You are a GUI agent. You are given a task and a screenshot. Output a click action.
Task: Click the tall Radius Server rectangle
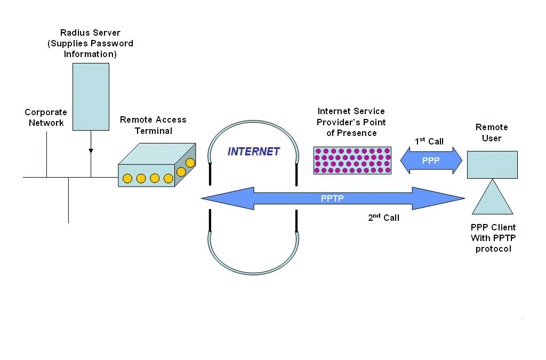(x=91, y=97)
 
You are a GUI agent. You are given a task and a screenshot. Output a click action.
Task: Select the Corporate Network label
(x=46, y=117)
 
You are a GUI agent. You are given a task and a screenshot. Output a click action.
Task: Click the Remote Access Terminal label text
(x=153, y=125)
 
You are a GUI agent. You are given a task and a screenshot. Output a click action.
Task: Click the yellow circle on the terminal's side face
(x=190, y=162)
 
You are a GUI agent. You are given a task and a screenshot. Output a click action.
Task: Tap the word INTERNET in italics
(x=253, y=151)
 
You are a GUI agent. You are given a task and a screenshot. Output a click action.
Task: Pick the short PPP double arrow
(x=431, y=161)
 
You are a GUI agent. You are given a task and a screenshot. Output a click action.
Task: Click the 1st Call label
(x=429, y=141)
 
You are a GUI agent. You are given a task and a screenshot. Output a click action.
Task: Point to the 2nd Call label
(x=383, y=218)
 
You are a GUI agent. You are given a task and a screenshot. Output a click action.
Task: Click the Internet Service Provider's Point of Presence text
(x=351, y=122)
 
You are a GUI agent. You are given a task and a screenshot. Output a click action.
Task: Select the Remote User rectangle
(x=492, y=164)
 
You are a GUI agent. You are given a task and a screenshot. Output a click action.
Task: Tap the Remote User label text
(x=492, y=132)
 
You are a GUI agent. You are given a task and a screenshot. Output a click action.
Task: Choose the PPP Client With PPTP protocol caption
(x=493, y=238)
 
